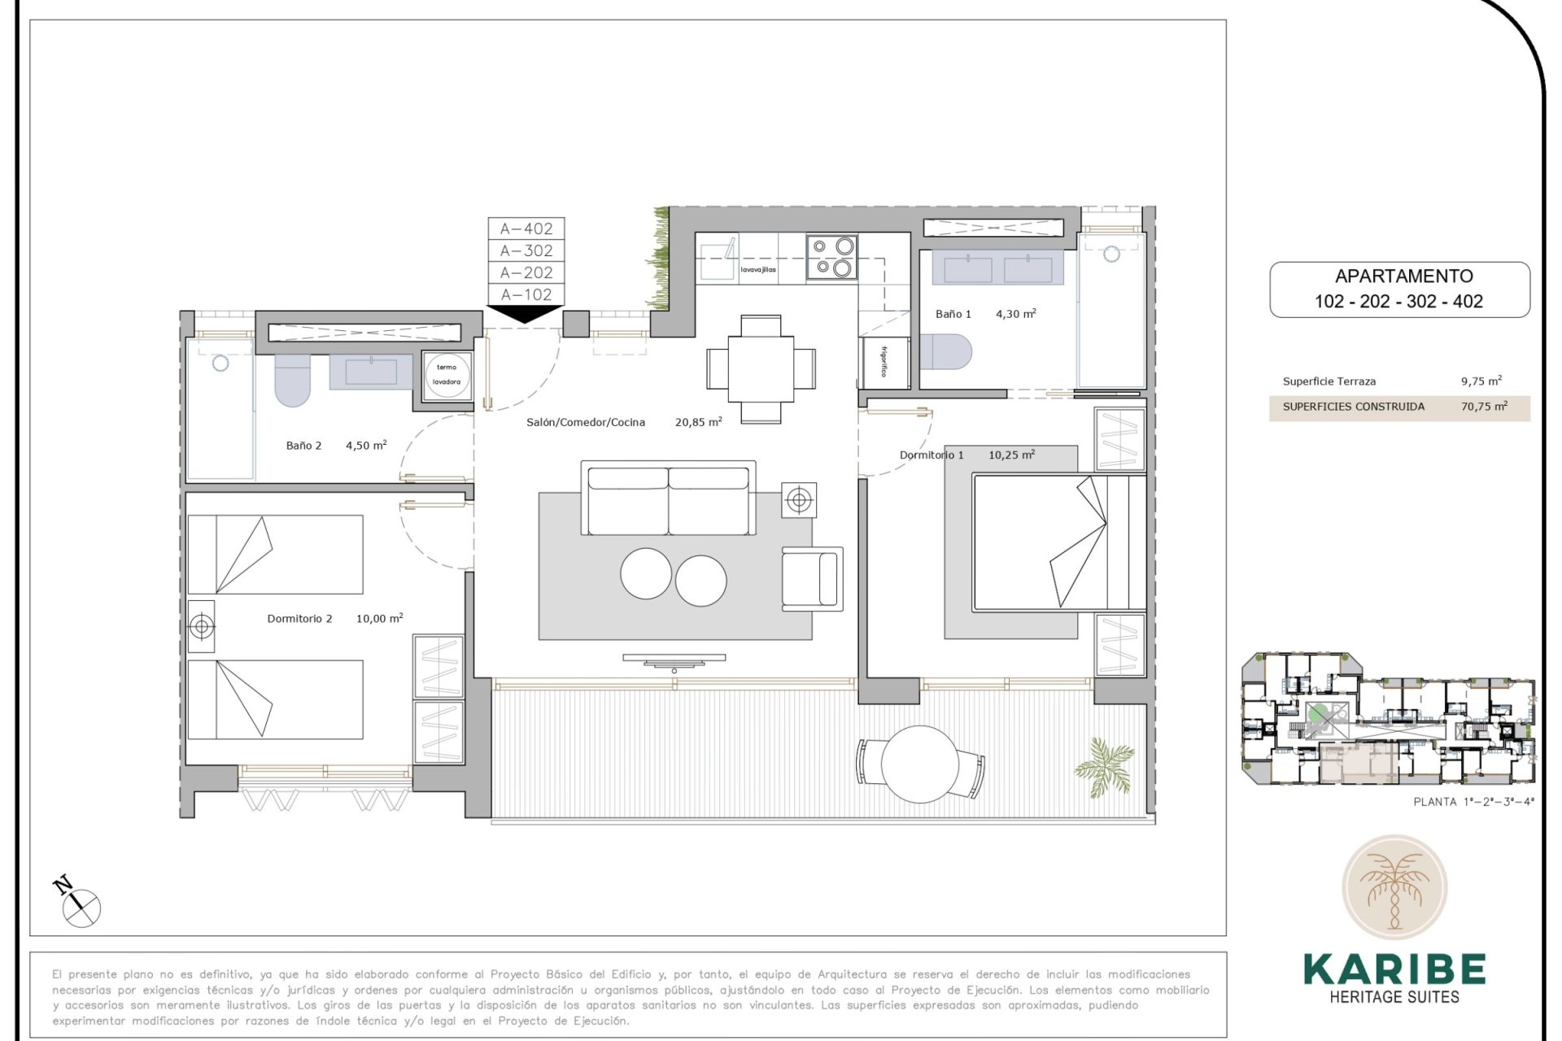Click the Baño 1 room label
[x=953, y=314]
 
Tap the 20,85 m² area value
[x=698, y=422]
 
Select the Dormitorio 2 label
[x=299, y=619]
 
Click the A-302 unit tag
[x=526, y=250]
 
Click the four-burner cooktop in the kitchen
[x=831, y=257]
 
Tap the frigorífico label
[x=884, y=362]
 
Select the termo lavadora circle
[x=447, y=375]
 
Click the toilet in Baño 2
[x=292, y=381]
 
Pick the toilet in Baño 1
[x=946, y=351]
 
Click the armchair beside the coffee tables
[x=811, y=578]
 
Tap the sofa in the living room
[x=667, y=499]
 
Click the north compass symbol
[x=80, y=904]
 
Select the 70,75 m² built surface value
[x=1483, y=407]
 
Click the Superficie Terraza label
[x=1329, y=381]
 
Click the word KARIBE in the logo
[x=1394, y=969]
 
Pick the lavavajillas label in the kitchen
[x=757, y=270]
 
